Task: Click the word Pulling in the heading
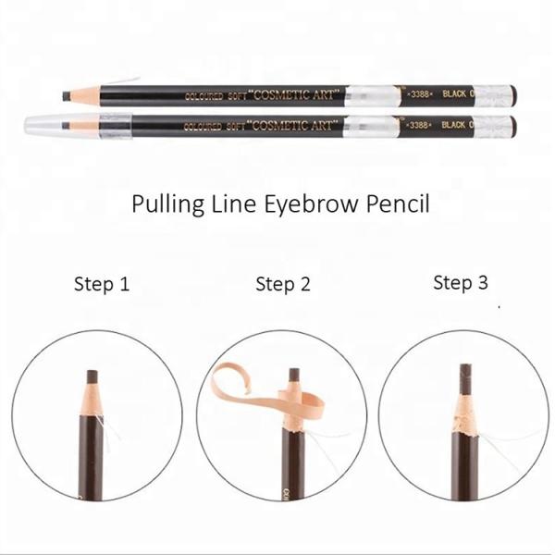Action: [167, 205]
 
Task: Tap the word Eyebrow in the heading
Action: [311, 205]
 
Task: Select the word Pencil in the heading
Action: [398, 203]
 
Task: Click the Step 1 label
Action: [102, 284]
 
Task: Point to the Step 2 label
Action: [283, 284]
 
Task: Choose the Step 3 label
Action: [461, 283]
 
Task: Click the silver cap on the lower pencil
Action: [78, 126]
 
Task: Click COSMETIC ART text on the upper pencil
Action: [294, 95]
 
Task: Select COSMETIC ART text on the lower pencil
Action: [293, 126]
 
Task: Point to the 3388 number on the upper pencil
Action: [420, 93]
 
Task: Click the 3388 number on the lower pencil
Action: [419, 125]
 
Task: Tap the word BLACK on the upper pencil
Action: [454, 93]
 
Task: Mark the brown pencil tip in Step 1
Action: [92, 377]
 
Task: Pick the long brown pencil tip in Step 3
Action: [465, 379]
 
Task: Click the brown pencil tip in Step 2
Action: [294, 376]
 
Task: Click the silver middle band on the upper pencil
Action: [373, 96]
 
